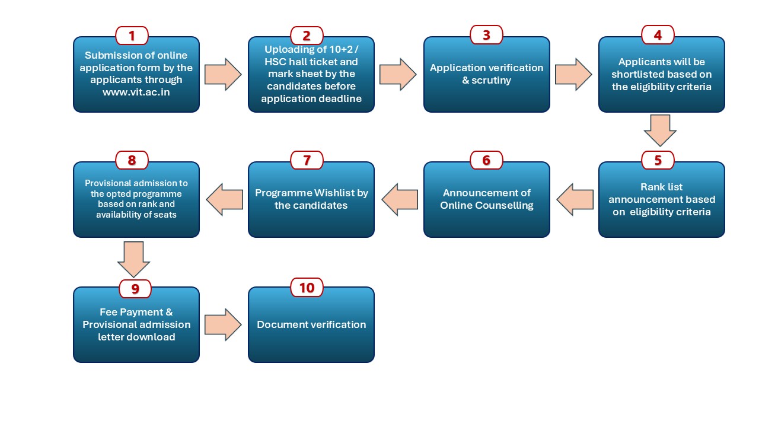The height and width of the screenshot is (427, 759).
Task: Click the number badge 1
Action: tap(132, 36)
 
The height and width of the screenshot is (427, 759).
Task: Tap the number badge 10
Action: tap(307, 288)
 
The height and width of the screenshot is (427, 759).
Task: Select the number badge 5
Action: tap(658, 160)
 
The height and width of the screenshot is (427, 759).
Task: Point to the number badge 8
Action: tap(132, 160)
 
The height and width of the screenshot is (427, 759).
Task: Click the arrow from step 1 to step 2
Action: tap(223, 74)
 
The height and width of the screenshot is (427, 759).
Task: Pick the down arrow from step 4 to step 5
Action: tap(660, 130)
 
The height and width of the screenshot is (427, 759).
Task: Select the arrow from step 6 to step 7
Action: tap(401, 199)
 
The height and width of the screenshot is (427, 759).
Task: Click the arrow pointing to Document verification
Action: tap(223, 324)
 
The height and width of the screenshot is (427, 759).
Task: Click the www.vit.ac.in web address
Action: tap(136, 91)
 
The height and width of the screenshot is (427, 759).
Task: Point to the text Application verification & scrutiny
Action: tap(486, 74)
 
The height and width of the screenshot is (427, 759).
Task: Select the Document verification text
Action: tap(311, 324)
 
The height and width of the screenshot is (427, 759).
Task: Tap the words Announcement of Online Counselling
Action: tap(486, 199)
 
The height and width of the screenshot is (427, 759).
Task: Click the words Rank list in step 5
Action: tap(662, 187)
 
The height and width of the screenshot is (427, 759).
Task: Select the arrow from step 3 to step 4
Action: tap(573, 74)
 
